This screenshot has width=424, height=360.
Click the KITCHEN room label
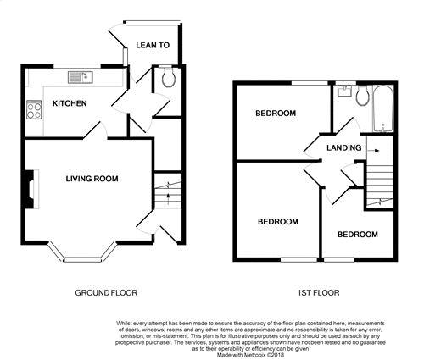pyautogui.click(x=70, y=103)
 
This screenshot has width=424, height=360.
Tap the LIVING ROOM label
pyautogui.click(x=92, y=179)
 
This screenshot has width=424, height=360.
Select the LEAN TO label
pyautogui.click(x=153, y=45)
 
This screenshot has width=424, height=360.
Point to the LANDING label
pyautogui.click(x=343, y=147)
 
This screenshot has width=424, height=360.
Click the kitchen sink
pyautogui.click(x=81, y=77)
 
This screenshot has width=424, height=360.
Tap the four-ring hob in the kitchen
pyautogui.click(x=34, y=110)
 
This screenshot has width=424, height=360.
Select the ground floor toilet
pyautogui.click(x=168, y=76)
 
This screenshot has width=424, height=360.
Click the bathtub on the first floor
pyautogui.click(x=383, y=108)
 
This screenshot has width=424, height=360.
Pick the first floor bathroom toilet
pyautogui.click(x=362, y=96)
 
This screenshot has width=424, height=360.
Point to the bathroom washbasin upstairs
pyautogui.click(x=344, y=91)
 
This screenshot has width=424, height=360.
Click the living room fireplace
pyautogui.click(x=32, y=189)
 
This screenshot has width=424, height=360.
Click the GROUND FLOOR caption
pyautogui.click(x=106, y=293)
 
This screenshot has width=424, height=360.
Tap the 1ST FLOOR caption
pyautogui.click(x=319, y=293)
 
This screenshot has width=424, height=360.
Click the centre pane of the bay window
pyautogui.click(x=82, y=260)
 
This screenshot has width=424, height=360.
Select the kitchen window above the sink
pyautogui.click(x=77, y=66)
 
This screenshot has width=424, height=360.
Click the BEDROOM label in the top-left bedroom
pyautogui.click(x=276, y=114)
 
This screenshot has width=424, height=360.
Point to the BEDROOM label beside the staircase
pyautogui.click(x=358, y=235)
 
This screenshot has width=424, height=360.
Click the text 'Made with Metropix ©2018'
pyautogui.click(x=250, y=355)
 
